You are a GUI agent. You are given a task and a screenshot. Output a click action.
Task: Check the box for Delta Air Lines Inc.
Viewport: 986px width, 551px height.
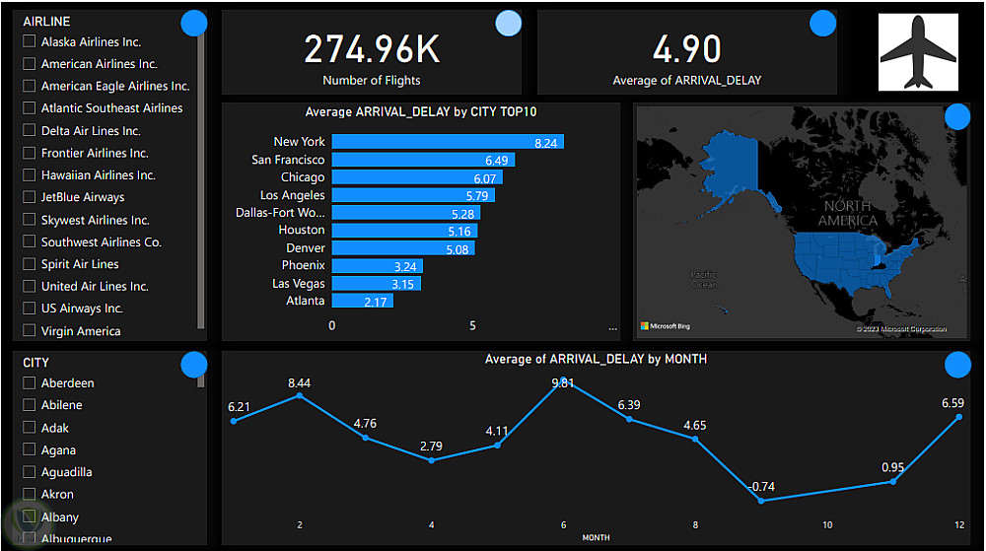click(30, 131)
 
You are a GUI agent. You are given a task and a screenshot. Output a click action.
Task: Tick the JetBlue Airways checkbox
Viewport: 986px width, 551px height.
click(30, 197)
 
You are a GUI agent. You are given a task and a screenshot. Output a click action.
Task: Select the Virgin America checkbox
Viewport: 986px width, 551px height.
click(30, 331)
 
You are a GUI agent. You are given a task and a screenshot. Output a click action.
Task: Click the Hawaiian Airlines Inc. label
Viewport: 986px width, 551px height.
click(98, 175)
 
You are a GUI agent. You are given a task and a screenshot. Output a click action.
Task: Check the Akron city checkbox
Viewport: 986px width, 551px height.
click(30, 495)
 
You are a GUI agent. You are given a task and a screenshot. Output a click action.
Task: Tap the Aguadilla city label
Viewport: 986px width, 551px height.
click(66, 472)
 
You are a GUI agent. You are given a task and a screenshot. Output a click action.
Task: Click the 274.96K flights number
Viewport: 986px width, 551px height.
click(372, 49)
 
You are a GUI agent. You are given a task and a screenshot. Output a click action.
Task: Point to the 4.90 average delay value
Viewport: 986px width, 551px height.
click(686, 49)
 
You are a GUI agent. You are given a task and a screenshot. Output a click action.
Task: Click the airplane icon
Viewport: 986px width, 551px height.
click(917, 52)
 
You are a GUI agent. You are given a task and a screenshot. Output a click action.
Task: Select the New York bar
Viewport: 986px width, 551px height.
click(447, 142)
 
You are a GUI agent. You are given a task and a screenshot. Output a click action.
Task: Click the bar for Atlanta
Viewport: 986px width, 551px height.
click(362, 301)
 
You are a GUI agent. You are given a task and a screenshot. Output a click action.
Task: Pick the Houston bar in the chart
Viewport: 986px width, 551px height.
click(404, 231)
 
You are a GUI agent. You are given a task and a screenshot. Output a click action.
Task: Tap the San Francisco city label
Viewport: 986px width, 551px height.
click(288, 160)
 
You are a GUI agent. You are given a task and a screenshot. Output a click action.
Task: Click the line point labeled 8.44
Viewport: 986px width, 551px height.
click(300, 395)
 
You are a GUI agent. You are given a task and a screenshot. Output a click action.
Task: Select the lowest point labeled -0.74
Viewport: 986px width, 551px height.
click(761, 501)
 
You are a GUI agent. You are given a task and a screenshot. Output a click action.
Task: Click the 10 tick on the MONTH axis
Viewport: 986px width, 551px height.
click(827, 525)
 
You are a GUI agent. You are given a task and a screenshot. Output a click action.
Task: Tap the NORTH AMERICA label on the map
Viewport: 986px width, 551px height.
click(847, 213)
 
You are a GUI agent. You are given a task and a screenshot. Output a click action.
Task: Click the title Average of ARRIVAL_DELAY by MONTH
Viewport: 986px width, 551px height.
click(596, 360)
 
